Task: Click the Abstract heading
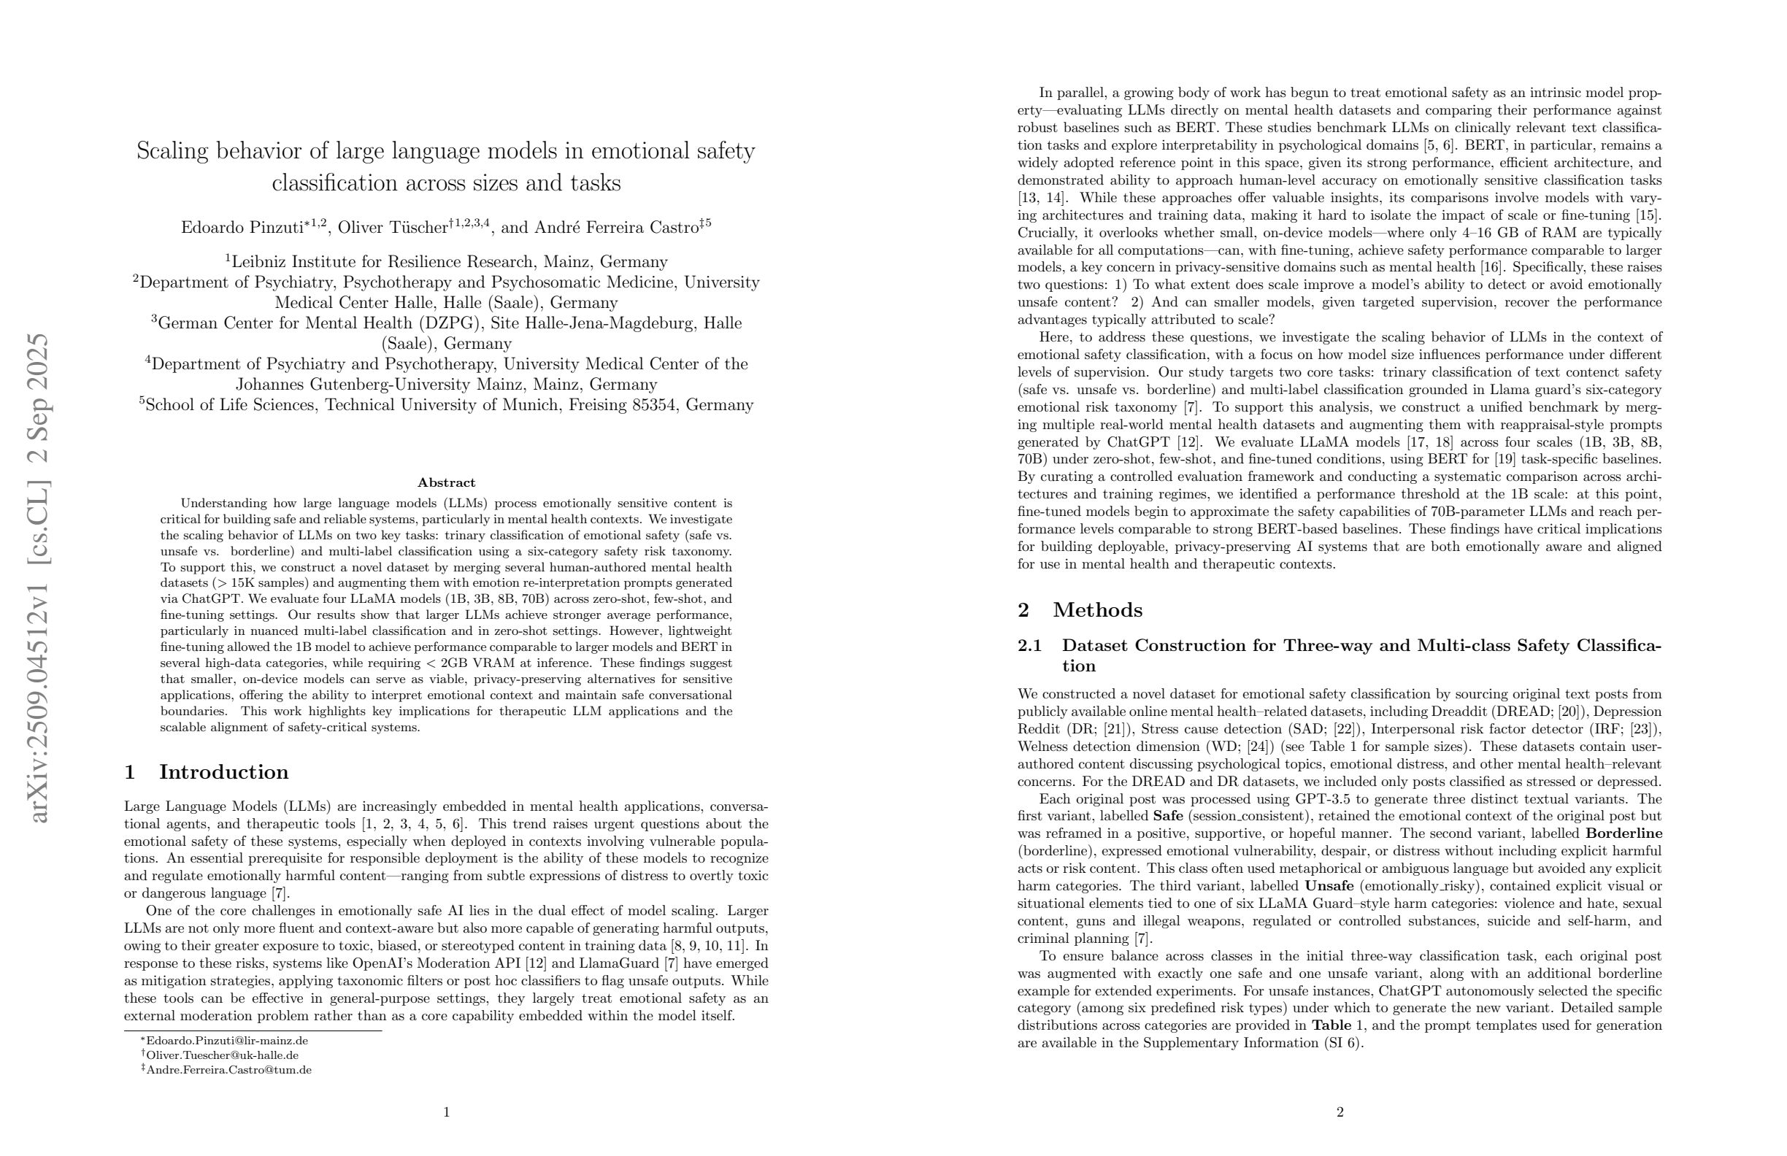[x=446, y=482]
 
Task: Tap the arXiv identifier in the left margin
[x=38, y=578]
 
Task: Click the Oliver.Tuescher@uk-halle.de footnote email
[x=222, y=1055]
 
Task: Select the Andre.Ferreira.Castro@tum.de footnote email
[x=228, y=1070]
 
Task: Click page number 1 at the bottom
[x=446, y=1112]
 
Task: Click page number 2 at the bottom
[x=1340, y=1112]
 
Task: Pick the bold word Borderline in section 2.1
[x=1623, y=833]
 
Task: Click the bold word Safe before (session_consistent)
[x=1168, y=816]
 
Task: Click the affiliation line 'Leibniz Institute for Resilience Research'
[x=449, y=262]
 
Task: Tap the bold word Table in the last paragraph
[x=1333, y=1025]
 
